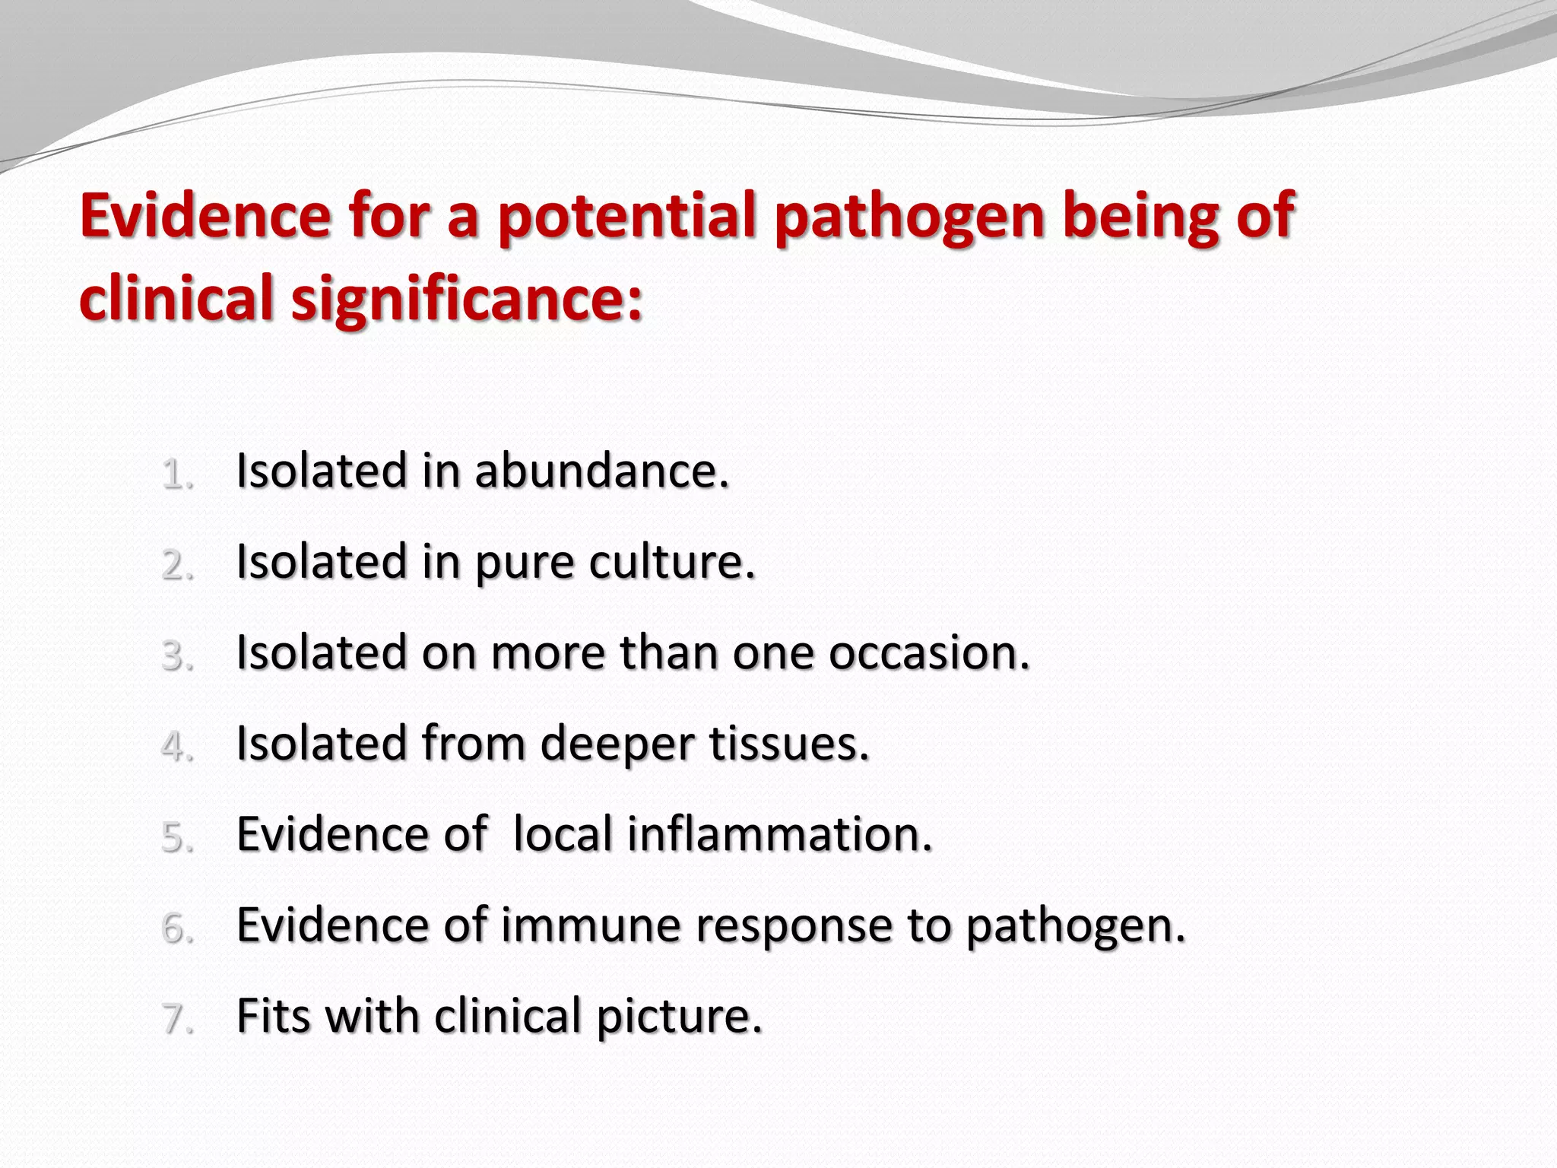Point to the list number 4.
coord(176,747)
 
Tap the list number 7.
coord(176,1019)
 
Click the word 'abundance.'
coord(601,471)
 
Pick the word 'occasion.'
coord(929,652)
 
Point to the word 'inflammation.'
coord(779,834)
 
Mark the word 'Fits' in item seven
coord(273,1016)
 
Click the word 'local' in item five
coord(563,834)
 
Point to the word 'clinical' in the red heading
coord(176,297)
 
